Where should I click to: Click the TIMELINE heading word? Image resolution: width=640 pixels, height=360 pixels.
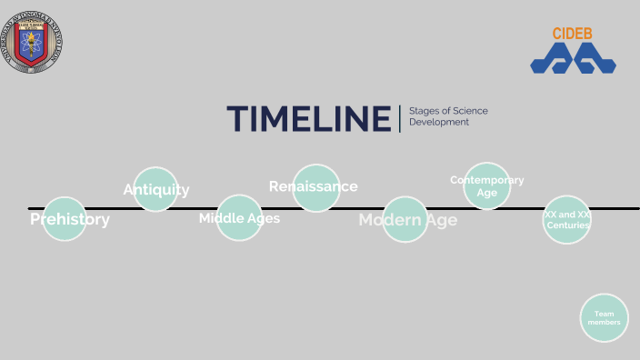(x=309, y=119)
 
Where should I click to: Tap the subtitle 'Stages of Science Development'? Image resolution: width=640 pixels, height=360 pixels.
(x=448, y=116)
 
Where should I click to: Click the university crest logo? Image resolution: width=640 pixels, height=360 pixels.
(x=36, y=39)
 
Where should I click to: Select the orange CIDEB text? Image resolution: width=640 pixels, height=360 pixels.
(x=574, y=34)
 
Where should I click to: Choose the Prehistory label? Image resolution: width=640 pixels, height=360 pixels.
(x=69, y=219)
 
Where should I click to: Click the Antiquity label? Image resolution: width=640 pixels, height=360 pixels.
(x=156, y=189)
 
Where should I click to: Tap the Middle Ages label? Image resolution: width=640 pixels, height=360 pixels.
(x=239, y=218)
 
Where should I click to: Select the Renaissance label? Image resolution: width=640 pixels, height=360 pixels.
(x=314, y=186)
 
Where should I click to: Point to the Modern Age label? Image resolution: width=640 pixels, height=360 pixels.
(x=407, y=220)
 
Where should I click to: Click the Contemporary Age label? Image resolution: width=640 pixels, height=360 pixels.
(x=487, y=185)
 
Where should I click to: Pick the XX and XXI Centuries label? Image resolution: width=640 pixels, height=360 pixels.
(x=567, y=219)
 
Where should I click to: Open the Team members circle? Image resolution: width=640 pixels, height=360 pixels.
(x=604, y=318)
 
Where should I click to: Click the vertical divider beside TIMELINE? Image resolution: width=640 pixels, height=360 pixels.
(x=399, y=119)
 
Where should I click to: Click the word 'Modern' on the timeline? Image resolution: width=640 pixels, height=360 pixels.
(x=390, y=220)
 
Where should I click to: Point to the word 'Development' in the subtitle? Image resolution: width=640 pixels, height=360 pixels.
(x=439, y=122)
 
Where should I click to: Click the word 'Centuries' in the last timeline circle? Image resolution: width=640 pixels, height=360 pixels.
(x=567, y=225)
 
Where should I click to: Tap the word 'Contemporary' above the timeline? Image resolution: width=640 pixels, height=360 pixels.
(x=487, y=180)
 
